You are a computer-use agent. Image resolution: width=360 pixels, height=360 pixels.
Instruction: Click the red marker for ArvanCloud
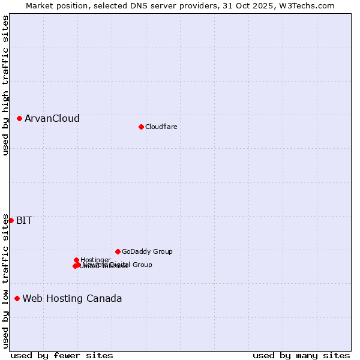[x=19, y=118]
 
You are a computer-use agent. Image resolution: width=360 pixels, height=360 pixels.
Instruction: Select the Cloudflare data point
[x=141, y=127]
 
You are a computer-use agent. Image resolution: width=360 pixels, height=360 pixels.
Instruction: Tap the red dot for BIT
[x=11, y=220]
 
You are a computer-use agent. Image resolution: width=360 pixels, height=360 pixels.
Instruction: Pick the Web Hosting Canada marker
[x=17, y=298]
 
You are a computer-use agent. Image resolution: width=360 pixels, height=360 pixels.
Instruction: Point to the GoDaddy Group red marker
[x=118, y=251]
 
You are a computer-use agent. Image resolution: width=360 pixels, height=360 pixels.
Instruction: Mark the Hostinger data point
[x=76, y=260]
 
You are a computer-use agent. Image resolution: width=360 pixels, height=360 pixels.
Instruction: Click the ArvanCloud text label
[x=52, y=118]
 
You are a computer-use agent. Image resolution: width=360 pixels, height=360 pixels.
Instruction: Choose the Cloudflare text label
[x=161, y=127]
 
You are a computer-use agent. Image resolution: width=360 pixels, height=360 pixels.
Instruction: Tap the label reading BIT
[x=24, y=220]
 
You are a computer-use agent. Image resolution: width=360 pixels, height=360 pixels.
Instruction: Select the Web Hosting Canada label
[x=72, y=298]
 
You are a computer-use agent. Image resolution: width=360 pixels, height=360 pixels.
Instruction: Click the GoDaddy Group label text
[x=147, y=251]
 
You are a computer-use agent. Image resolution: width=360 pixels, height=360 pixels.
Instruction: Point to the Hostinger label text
[x=95, y=260]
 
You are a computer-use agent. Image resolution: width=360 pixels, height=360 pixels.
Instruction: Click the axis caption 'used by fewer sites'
[x=62, y=355]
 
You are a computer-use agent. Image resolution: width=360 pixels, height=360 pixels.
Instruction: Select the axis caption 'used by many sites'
[x=301, y=355]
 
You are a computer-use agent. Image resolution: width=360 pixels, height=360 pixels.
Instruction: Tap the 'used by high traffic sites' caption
[x=5, y=85]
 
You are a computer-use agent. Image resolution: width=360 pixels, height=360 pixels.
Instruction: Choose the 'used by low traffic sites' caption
[x=5, y=280]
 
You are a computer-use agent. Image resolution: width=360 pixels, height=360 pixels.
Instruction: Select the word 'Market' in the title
[x=40, y=5]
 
